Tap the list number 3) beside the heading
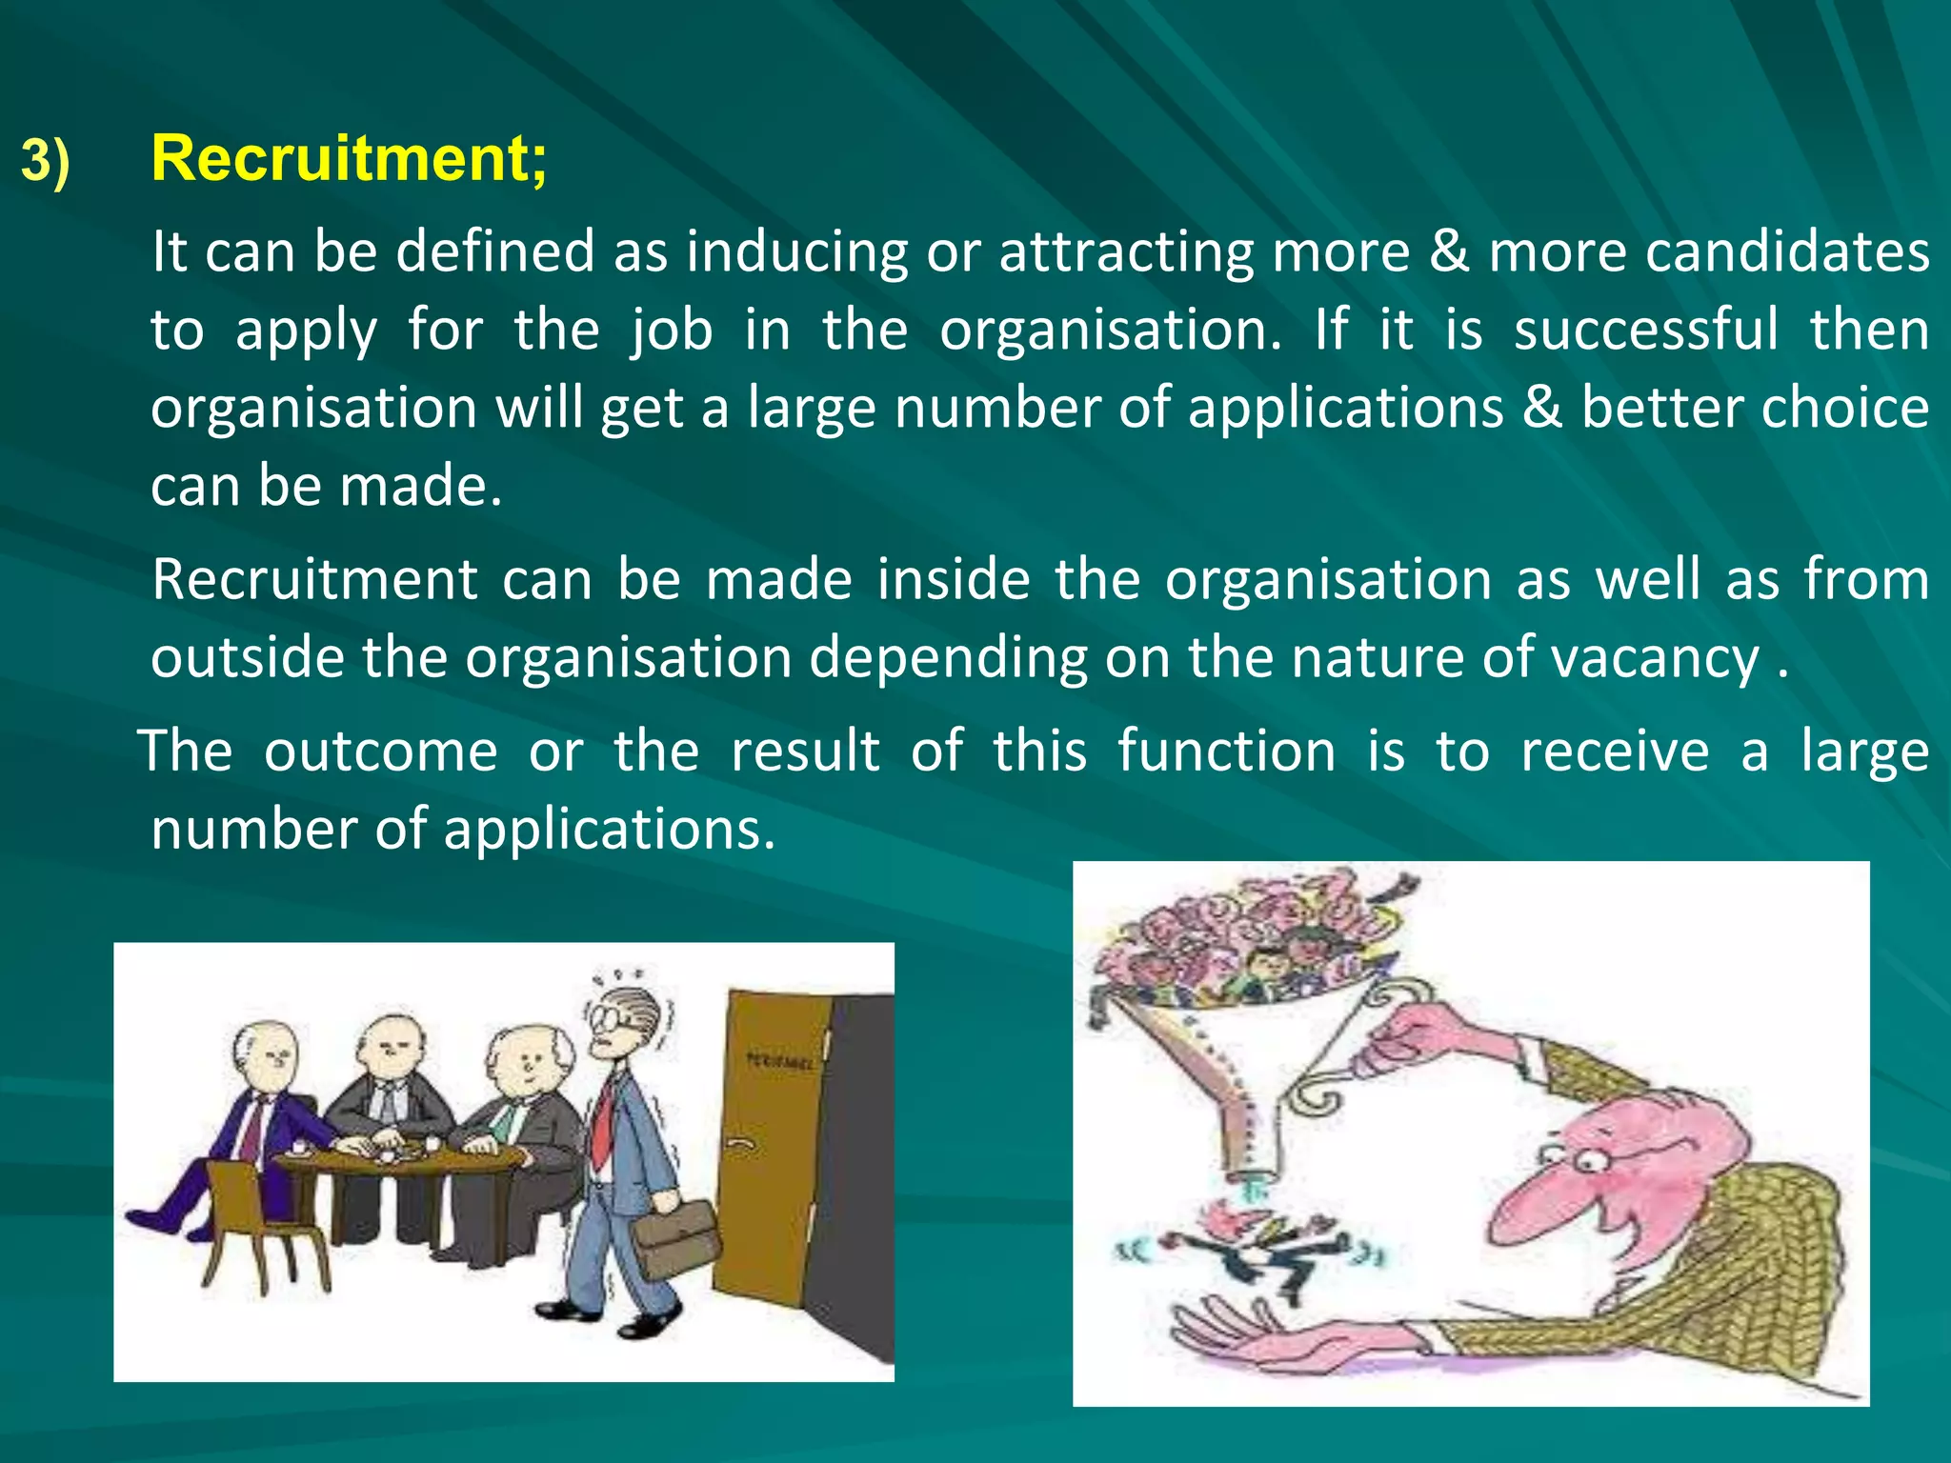tap(46, 161)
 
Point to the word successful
tap(1645, 330)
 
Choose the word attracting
tap(1125, 251)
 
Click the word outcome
tap(380, 751)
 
